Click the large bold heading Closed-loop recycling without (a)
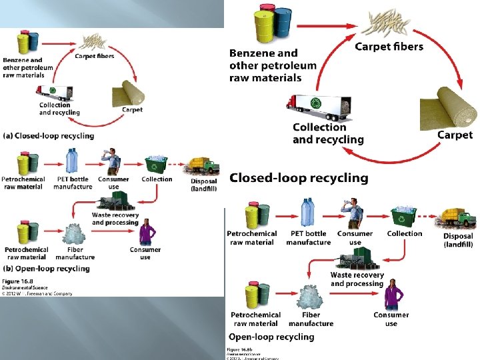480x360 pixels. click(x=299, y=178)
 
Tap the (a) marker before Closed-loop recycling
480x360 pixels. click(x=10, y=135)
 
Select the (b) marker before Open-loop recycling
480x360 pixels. click(x=10, y=269)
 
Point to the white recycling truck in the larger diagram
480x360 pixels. click(x=319, y=103)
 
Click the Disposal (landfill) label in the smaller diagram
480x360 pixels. click(x=203, y=185)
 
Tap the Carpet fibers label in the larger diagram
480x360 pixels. click(x=389, y=46)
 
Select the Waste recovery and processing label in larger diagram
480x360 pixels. click(x=357, y=279)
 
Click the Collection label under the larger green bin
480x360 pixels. click(x=404, y=233)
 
